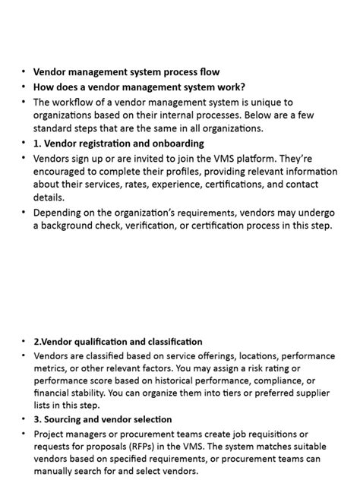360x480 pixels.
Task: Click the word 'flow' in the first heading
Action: tap(209, 73)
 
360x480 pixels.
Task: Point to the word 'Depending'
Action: tap(58, 213)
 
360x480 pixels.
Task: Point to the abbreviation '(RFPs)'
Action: tap(153, 447)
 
